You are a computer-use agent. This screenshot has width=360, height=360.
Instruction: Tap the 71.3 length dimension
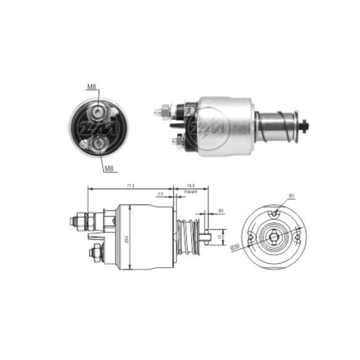(130, 186)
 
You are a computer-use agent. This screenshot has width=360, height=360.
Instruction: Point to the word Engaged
(189, 191)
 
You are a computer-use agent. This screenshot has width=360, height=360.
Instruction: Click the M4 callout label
(291, 195)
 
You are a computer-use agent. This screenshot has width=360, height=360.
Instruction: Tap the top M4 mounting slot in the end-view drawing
(274, 214)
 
